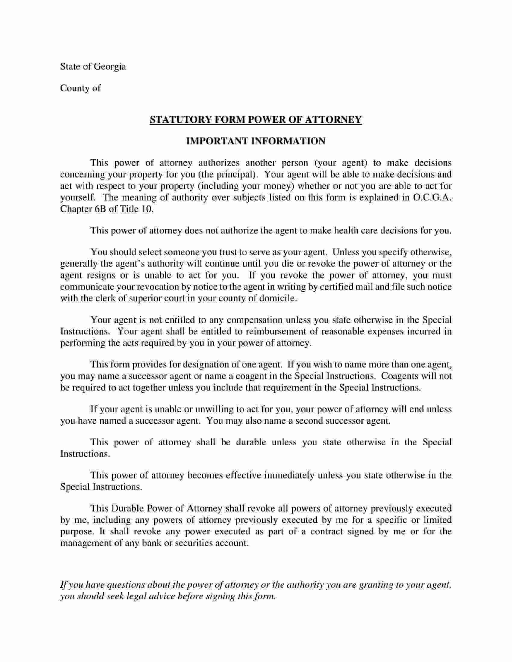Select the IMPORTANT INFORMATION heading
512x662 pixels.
tap(255, 141)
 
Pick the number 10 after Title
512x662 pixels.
tap(145, 209)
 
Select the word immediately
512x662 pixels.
tap(289, 475)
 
